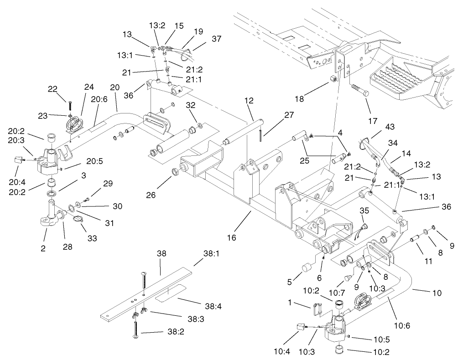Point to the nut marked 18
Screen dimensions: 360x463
pos(333,79)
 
